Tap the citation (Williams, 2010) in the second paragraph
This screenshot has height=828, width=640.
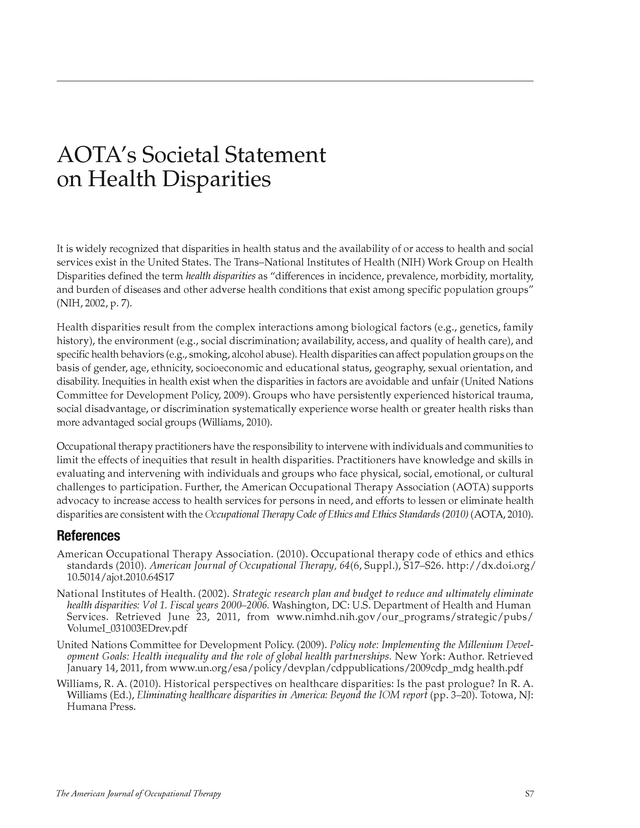tap(235, 423)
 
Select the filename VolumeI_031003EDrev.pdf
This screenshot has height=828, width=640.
tap(127, 628)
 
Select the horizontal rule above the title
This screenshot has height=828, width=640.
tap(295, 81)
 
